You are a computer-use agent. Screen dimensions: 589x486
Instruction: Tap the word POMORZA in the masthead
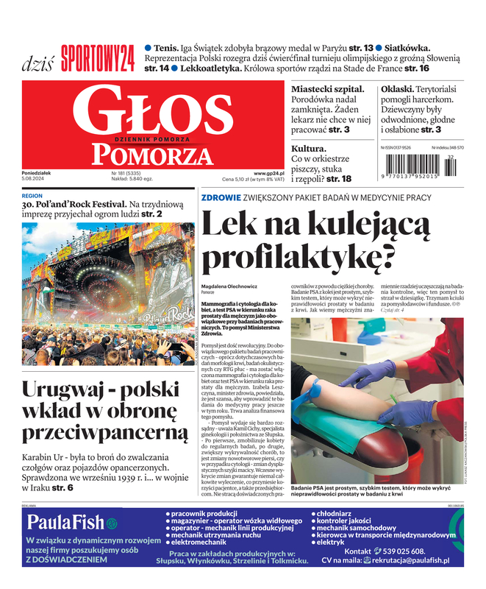click(147, 154)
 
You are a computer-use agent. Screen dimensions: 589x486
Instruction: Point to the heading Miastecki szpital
click(328, 88)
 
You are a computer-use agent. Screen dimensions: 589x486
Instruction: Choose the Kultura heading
click(309, 148)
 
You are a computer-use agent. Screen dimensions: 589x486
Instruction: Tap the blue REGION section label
click(32, 196)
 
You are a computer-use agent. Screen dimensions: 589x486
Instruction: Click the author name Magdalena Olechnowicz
click(230, 285)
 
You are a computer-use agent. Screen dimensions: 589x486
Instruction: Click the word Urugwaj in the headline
click(62, 389)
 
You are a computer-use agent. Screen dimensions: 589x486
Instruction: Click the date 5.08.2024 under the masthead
click(37, 179)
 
